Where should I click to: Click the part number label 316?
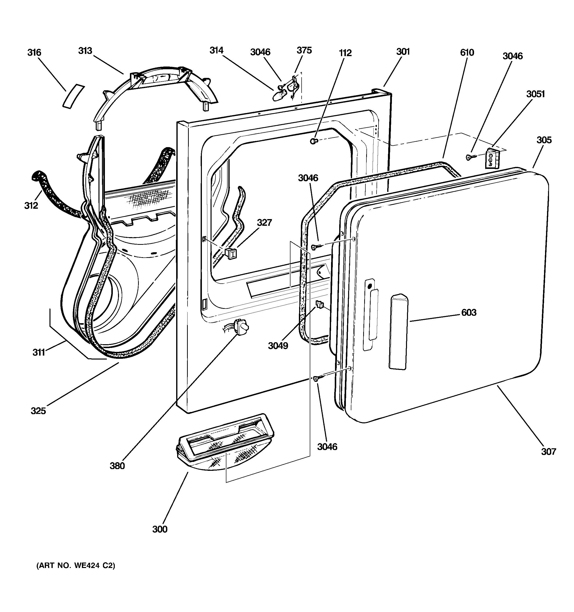(34, 53)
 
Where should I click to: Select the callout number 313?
(85, 51)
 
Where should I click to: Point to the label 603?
(469, 313)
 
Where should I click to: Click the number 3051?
(535, 94)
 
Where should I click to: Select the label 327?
(264, 222)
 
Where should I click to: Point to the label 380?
(117, 466)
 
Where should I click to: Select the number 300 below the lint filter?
(160, 529)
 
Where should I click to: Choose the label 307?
(549, 452)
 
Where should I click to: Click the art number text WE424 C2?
(76, 566)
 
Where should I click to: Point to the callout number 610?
(467, 53)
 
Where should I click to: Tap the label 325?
(38, 410)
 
